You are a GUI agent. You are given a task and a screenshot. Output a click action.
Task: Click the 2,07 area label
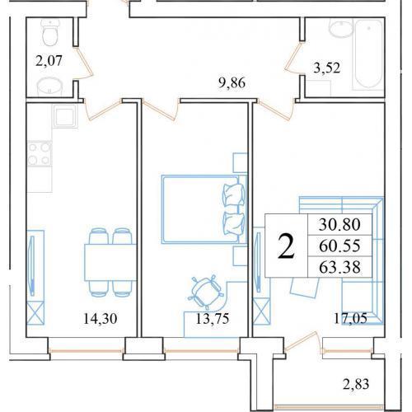(49, 61)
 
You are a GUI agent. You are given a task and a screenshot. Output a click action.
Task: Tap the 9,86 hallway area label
(232, 82)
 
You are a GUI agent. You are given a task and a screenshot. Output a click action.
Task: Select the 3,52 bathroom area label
(327, 68)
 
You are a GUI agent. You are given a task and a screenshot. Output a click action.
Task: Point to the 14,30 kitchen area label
(100, 319)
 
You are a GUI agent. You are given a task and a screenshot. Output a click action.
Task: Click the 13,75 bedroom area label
(213, 319)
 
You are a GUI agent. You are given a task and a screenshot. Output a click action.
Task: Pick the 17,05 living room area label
(350, 319)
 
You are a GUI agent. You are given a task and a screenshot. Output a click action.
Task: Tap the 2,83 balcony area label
(356, 384)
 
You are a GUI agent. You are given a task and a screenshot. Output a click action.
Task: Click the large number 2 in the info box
(286, 246)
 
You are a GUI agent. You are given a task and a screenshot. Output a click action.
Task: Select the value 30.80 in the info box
(339, 224)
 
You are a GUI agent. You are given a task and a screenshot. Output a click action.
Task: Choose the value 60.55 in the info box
(339, 246)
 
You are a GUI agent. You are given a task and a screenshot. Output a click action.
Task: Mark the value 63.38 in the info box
(339, 267)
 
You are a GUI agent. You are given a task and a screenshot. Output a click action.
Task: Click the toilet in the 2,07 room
(50, 32)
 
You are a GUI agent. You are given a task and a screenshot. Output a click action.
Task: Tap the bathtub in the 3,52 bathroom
(369, 54)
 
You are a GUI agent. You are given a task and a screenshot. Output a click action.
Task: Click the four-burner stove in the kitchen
(40, 153)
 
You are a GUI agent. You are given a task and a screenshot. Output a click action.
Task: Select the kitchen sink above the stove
(65, 116)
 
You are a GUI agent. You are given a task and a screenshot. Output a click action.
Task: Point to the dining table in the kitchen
(110, 262)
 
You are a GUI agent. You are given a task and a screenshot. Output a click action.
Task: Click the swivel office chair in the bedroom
(205, 291)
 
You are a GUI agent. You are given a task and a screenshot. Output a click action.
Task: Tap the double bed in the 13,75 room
(204, 209)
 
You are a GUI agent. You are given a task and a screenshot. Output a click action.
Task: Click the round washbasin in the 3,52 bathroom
(341, 28)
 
